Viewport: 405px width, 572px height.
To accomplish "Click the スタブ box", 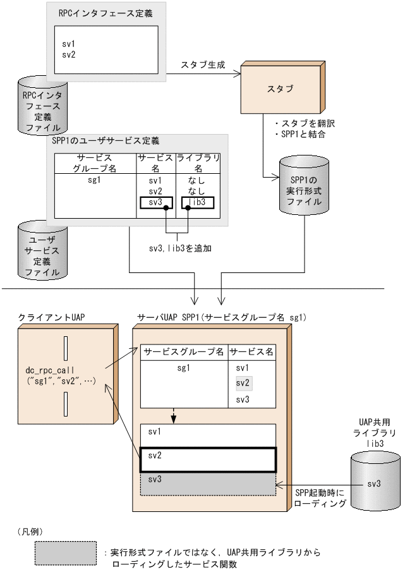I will [281, 89].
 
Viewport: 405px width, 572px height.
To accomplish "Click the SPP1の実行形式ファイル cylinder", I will [302, 186].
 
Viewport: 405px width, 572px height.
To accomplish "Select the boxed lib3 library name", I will [197, 202].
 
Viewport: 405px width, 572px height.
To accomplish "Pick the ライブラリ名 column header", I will [197, 163].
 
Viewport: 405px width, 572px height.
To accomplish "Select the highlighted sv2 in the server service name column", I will [243, 383].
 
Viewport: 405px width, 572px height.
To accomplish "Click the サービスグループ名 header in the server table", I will [183, 351].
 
